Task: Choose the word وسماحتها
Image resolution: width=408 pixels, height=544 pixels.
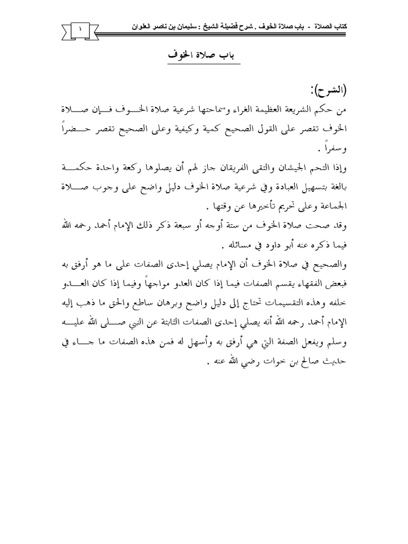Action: click(210, 109)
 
